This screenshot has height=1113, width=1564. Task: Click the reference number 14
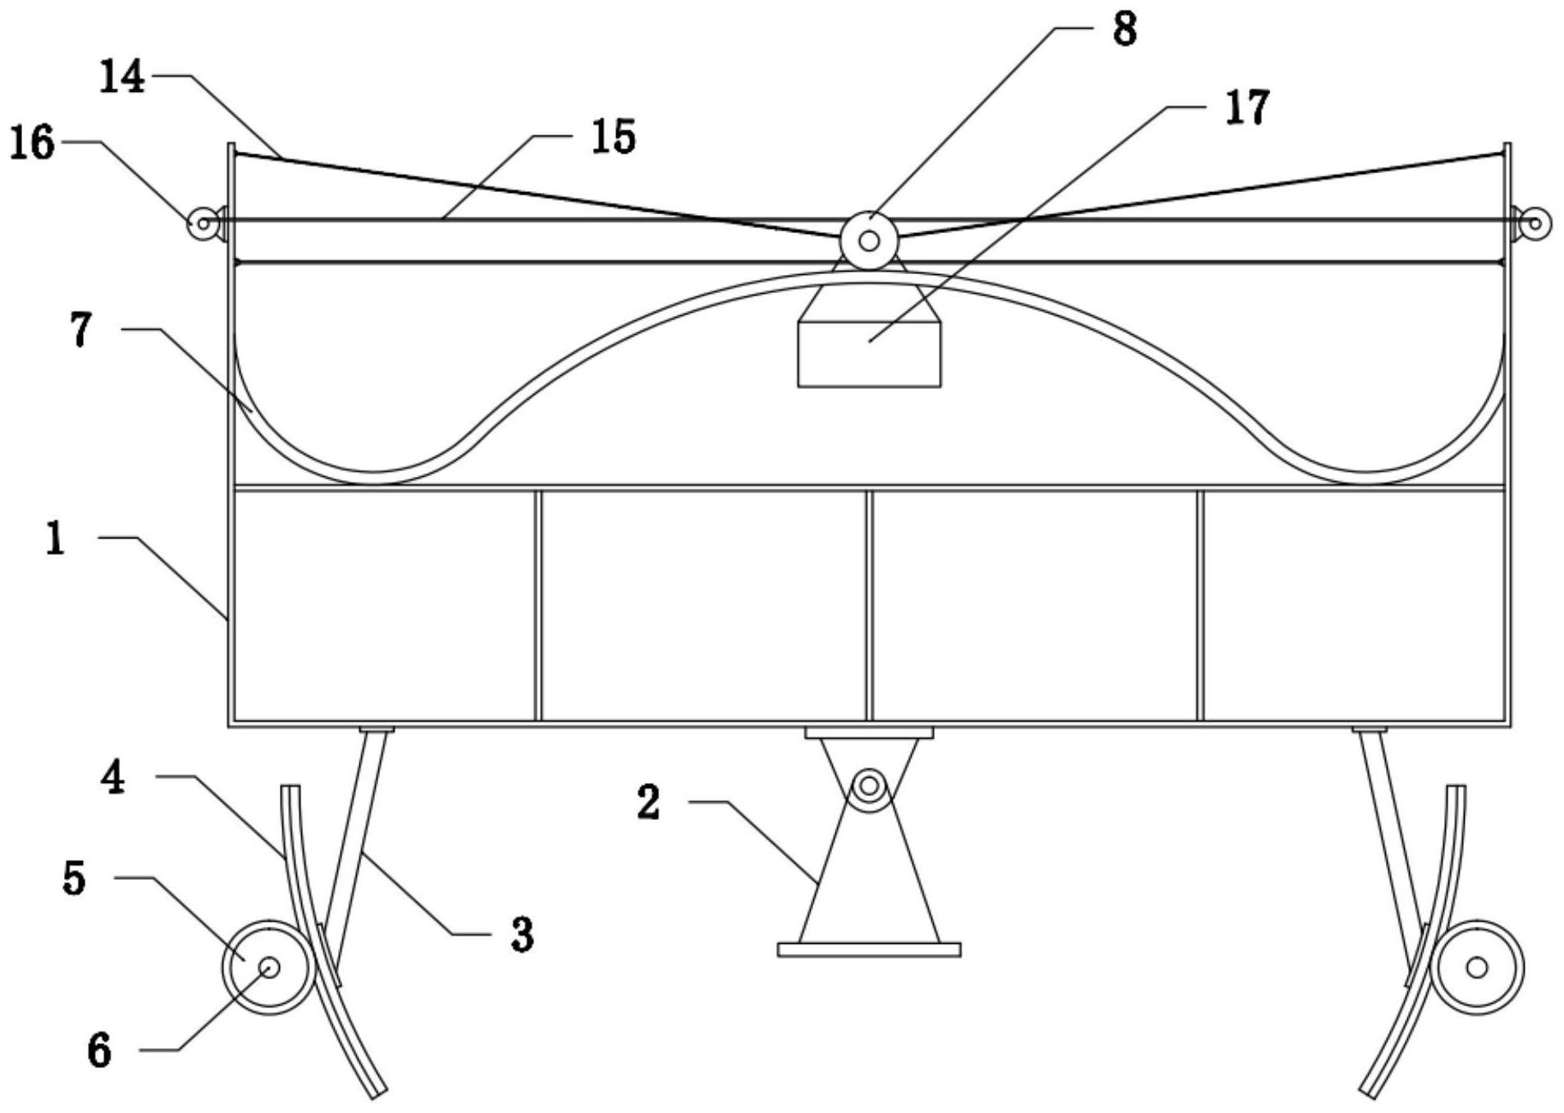(x=122, y=78)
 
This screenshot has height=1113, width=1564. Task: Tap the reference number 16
(x=32, y=143)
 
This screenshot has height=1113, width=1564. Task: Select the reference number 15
(x=614, y=137)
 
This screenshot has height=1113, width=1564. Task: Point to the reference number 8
(x=1124, y=30)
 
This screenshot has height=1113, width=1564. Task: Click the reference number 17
(x=1247, y=108)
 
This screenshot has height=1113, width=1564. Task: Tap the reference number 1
(x=55, y=539)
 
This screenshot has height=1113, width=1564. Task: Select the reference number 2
(x=648, y=803)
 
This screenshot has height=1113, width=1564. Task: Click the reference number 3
(x=522, y=935)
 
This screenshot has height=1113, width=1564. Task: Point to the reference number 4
(x=113, y=777)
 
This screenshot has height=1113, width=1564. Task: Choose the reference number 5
(x=74, y=878)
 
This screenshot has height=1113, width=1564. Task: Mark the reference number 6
(x=99, y=1051)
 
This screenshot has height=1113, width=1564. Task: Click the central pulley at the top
(x=869, y=240)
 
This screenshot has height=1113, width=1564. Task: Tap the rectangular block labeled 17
(x=869, y=354)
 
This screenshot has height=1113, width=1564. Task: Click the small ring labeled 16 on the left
(x=202, y=223)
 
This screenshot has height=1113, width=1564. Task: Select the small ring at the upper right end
(x=1534, y=223)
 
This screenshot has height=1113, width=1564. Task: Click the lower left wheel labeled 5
(x=269, y=967)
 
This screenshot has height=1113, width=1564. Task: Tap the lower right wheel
(x=1477, y=967)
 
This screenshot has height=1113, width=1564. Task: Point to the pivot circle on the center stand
(x=869, y=787)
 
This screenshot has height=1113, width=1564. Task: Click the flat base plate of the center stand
(x=869, y=950)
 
